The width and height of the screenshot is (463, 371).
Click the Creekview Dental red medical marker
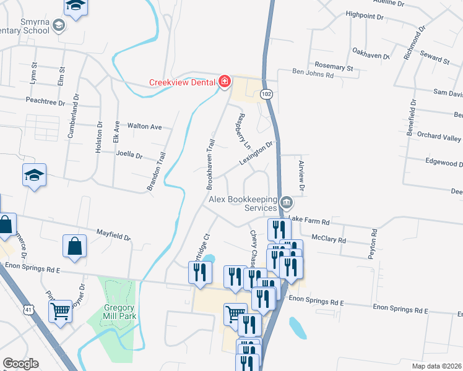coord(224,82)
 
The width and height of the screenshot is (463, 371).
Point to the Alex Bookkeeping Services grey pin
coord(287,202)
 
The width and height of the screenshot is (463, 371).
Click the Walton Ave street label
coord(144,127)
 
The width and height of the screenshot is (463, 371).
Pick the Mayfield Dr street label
coord(114,236)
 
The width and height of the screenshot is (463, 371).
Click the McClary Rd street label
coord(329,238)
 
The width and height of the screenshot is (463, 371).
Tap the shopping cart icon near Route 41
coord(61,312)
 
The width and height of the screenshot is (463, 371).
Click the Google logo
coord(20,364)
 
